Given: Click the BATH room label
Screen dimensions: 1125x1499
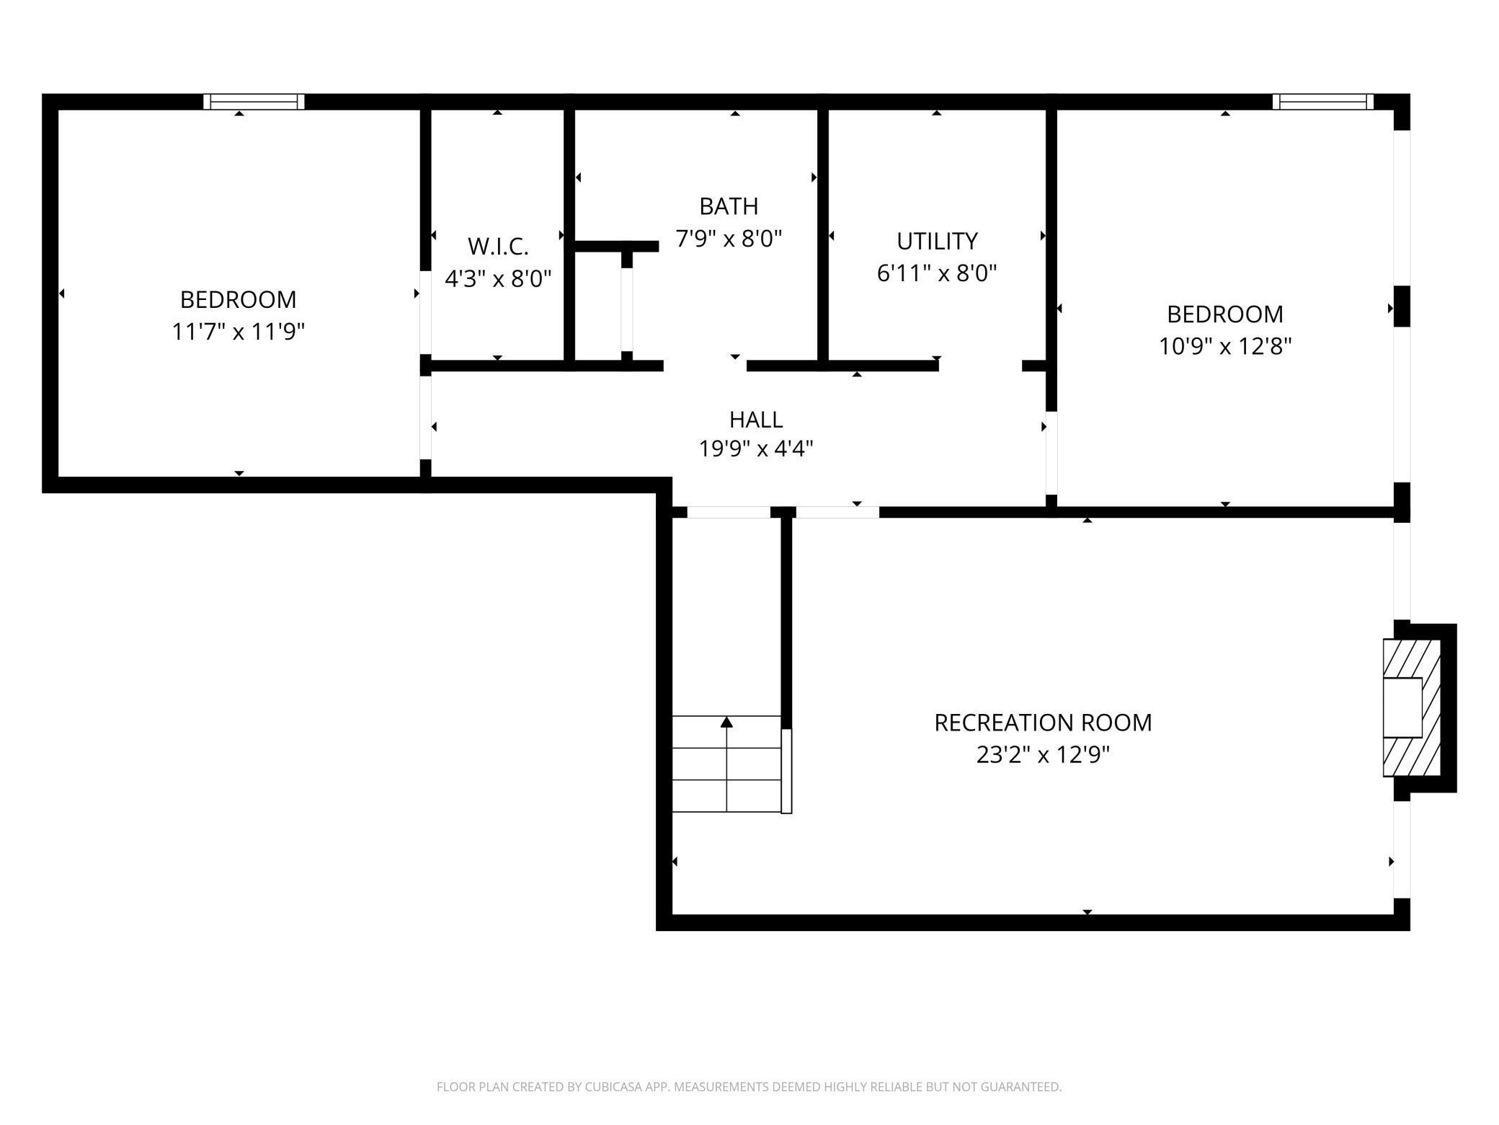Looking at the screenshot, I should [x=729, y=206].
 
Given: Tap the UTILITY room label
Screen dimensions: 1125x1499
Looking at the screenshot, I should [x=937, y=241].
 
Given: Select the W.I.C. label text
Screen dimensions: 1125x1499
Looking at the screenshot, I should [x=498, y=247].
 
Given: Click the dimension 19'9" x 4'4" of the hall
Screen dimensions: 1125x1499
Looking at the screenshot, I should [x=756, y=449].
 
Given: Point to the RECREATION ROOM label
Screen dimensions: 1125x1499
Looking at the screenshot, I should [x=1043, y=723].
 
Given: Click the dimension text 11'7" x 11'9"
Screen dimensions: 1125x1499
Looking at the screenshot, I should [x=239, y=332].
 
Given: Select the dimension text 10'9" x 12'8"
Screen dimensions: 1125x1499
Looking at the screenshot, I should [x=1224, y=347].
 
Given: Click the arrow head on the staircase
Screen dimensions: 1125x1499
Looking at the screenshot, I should [x=726, y=722].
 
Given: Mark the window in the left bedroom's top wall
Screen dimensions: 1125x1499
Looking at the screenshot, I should [x=254, y=102].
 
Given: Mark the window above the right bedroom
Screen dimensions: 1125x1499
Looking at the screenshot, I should [x=1322, y=102].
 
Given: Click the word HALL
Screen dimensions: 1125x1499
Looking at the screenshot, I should [x=756, y=419].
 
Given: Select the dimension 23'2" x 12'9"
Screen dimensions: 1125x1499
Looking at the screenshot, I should [x=1043, y=755].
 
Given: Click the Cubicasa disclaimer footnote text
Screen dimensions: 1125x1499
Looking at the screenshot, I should [x=749, y=1087].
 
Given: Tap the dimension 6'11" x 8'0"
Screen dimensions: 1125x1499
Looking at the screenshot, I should [x=937, y=273].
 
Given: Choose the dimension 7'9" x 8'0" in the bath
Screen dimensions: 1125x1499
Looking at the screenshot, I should [x=729, y=239].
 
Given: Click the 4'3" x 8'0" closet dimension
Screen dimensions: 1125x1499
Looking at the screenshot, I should [x=498, y=278].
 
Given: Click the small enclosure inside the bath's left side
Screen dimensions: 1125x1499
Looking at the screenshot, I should [x=598, y=306].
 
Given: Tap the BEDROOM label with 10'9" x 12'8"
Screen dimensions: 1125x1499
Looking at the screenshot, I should [x=1224, y=314].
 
